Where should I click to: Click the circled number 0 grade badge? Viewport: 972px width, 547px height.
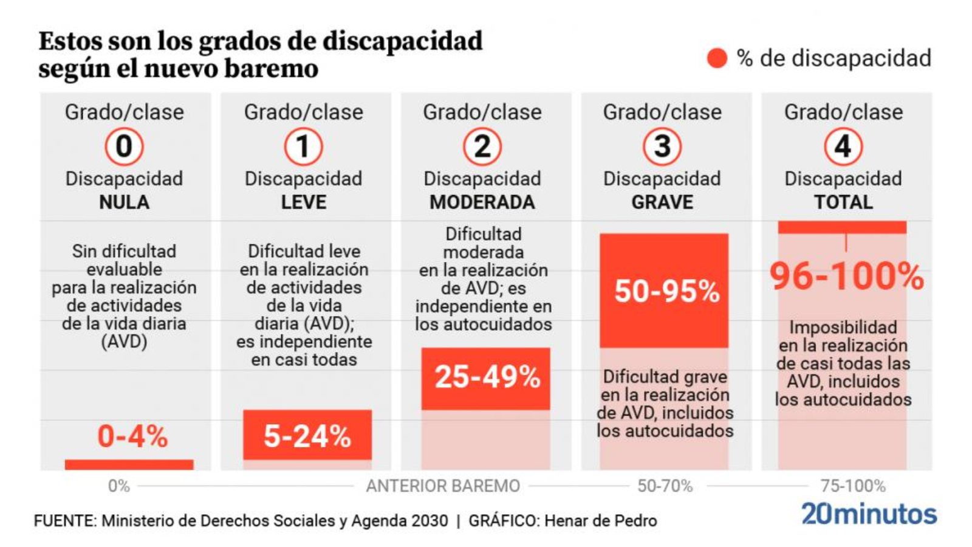[x=124, y=146]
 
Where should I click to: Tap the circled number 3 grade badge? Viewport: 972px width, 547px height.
[x=662, y=146]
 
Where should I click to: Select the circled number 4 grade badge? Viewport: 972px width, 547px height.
[x=843, y=146]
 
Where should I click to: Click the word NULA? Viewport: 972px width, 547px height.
[x=124, y=202]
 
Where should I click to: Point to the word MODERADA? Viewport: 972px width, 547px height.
[x=482, y=202]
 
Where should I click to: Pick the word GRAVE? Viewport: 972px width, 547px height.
[x=662, y=202]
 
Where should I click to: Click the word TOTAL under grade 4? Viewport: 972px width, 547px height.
[x=843, y=202]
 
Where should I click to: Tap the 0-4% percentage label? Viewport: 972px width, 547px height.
[x=132, y=436]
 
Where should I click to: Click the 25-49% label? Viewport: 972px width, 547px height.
[x=487, y=377]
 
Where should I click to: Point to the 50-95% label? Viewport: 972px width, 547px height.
[x=666, y=291]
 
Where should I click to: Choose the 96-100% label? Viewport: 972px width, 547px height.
[x=846, y=277]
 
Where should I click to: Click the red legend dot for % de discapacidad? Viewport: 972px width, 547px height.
[x=717, y=58]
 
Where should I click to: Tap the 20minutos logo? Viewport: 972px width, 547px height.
[x=869, y=514]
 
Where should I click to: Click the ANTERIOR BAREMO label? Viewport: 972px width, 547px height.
[x=443, y=486]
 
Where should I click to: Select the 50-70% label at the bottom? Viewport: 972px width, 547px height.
[x=665, y=486]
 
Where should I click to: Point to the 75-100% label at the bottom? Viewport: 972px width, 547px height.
[x=853, y=486]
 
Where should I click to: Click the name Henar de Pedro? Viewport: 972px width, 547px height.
[x=600, y=521]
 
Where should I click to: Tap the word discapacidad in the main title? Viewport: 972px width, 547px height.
[x=402, y=41]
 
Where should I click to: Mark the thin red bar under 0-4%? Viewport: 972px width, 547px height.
[x=129, y=465]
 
